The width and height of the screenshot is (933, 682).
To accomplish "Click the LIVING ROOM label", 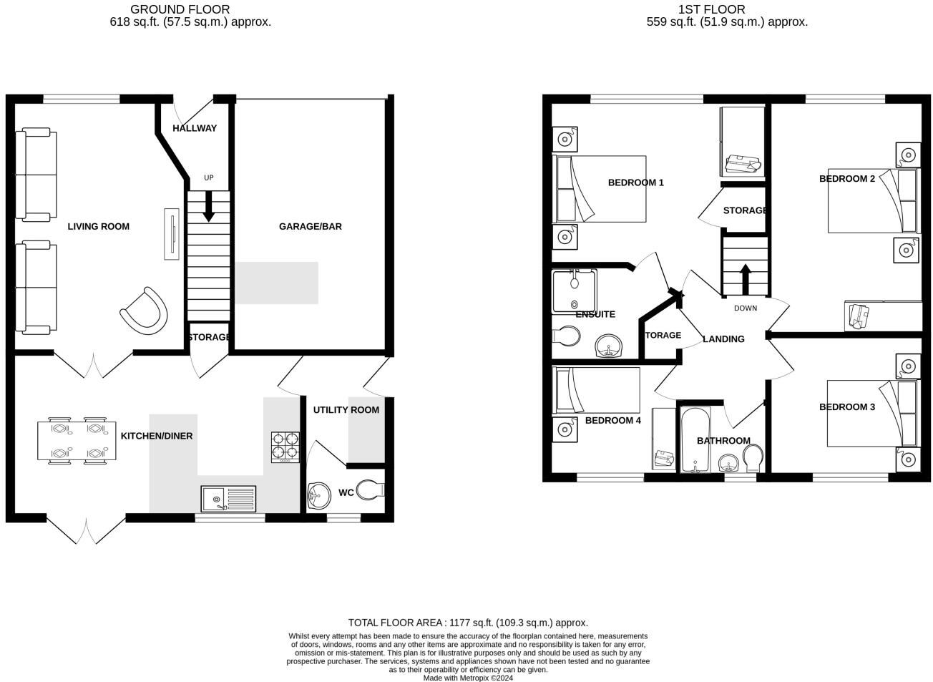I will (98, 226).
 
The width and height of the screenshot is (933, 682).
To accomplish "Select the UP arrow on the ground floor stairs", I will (208, 205).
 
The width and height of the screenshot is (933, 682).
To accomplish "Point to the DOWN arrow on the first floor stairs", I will (745, 278).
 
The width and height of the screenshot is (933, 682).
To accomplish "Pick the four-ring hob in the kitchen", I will (285, 447).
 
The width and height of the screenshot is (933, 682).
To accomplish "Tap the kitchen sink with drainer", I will (228, 498).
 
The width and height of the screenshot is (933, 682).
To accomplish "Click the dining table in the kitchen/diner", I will (77, 441).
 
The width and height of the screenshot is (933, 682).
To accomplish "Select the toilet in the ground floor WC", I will (371, 490).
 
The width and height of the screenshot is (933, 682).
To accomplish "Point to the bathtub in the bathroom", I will (694, 440).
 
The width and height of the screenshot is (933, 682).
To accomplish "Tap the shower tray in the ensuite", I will (574, 291).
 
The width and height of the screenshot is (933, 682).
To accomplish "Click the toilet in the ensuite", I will (567, 336).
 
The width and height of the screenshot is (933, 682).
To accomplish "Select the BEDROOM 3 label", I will (846, 406).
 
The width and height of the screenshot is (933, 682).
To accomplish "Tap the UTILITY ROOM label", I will (346, 410).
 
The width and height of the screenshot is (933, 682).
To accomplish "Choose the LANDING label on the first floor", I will (723, 339).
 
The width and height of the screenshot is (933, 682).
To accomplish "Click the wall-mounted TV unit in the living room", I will (172, 233).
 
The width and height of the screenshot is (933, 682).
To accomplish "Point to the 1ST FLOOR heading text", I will (711, 9).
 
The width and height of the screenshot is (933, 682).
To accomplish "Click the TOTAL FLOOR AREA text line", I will (467, 623).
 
